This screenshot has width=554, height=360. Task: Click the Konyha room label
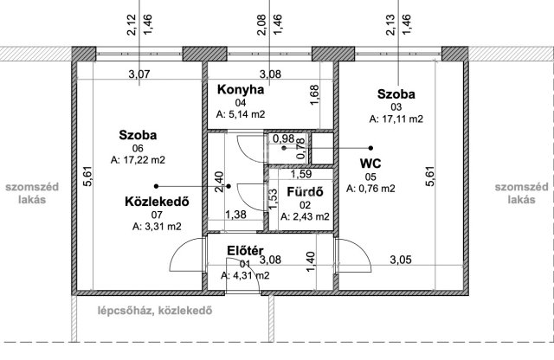point(241,89)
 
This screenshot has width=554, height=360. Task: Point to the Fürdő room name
point(305,192)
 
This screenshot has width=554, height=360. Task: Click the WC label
point(370,164)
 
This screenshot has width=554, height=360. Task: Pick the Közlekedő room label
point(157,202)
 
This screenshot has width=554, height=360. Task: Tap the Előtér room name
point(245,251)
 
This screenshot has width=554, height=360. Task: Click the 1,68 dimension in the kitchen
point(314,94)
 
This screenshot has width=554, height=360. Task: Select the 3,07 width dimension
point(139,74)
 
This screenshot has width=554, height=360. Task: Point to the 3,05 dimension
point(401,260)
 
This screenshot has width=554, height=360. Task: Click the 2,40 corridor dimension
point(219,182)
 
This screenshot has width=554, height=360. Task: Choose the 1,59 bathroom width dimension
point(301,174)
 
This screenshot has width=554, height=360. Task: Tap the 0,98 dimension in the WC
point(284,138)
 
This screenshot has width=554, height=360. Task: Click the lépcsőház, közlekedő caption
point(155,311)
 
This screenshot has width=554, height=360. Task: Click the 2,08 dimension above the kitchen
point(261,25)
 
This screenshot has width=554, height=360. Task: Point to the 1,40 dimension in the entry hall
point(310,262)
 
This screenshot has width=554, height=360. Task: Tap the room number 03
point(396,107)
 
